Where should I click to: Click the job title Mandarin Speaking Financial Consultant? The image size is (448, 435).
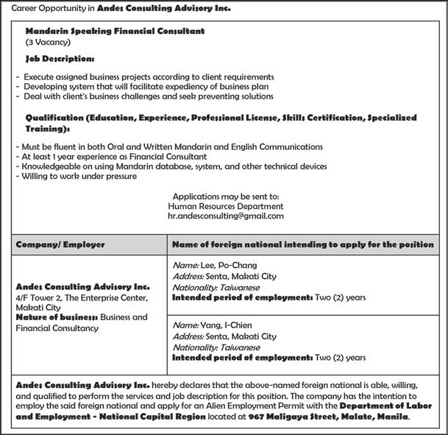(115, 32)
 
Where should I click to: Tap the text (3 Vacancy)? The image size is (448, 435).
(48, 43)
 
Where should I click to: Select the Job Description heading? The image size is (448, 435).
(60, 58)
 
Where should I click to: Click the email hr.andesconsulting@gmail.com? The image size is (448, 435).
(225, 217)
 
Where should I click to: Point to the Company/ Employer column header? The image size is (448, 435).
(60, 244)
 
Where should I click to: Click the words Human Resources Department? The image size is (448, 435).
(225, 207)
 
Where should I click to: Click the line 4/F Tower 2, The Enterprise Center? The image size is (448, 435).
(82, 298)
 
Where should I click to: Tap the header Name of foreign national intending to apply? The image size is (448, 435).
(302, 244)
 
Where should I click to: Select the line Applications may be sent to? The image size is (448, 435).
(225, 197)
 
